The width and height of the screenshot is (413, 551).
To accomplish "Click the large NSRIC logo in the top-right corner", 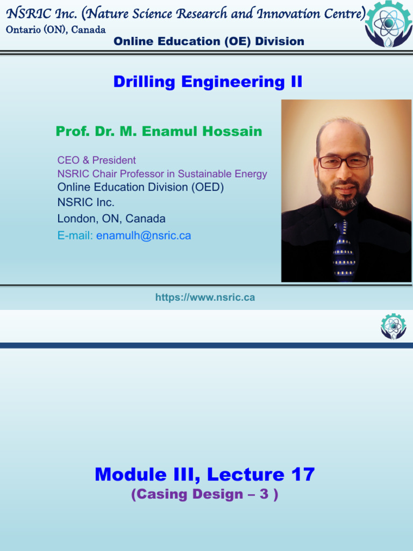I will (x=388, y=24).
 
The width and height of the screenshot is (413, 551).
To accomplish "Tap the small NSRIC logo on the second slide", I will (x=394, y=327).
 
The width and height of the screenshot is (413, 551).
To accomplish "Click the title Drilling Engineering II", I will (x=208, y=82).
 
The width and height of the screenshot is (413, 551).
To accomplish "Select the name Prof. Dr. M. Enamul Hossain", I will (x=159, y=131).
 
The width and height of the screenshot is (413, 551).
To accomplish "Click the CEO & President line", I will (x=96, y=160).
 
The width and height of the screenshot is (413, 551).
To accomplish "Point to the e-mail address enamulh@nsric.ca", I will (x=144, y=236).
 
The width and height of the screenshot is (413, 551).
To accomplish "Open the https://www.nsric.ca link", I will (x=205, y=298).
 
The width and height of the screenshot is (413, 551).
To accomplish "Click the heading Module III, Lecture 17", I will (x=204, y=475).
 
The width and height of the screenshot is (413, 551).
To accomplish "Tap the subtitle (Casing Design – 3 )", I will (x=204, y=495).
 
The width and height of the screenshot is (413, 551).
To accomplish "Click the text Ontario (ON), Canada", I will (x=55, y=30).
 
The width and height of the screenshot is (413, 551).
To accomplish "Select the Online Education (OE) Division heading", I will (x=209, y=41).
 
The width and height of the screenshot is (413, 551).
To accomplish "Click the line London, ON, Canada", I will (x=111, y=219).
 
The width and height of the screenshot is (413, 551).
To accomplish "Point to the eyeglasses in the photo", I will (x=344, y=161).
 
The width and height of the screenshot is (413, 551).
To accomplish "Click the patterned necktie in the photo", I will (x=343, y=250).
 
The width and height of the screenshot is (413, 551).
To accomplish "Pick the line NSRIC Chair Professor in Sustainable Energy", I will (x=162, y=174).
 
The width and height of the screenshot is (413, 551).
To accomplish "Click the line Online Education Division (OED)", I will (x=140, y=187).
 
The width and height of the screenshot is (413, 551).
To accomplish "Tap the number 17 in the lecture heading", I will (x=302, y=475).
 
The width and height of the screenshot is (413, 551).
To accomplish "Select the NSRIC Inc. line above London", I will (x=86, y=203).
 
